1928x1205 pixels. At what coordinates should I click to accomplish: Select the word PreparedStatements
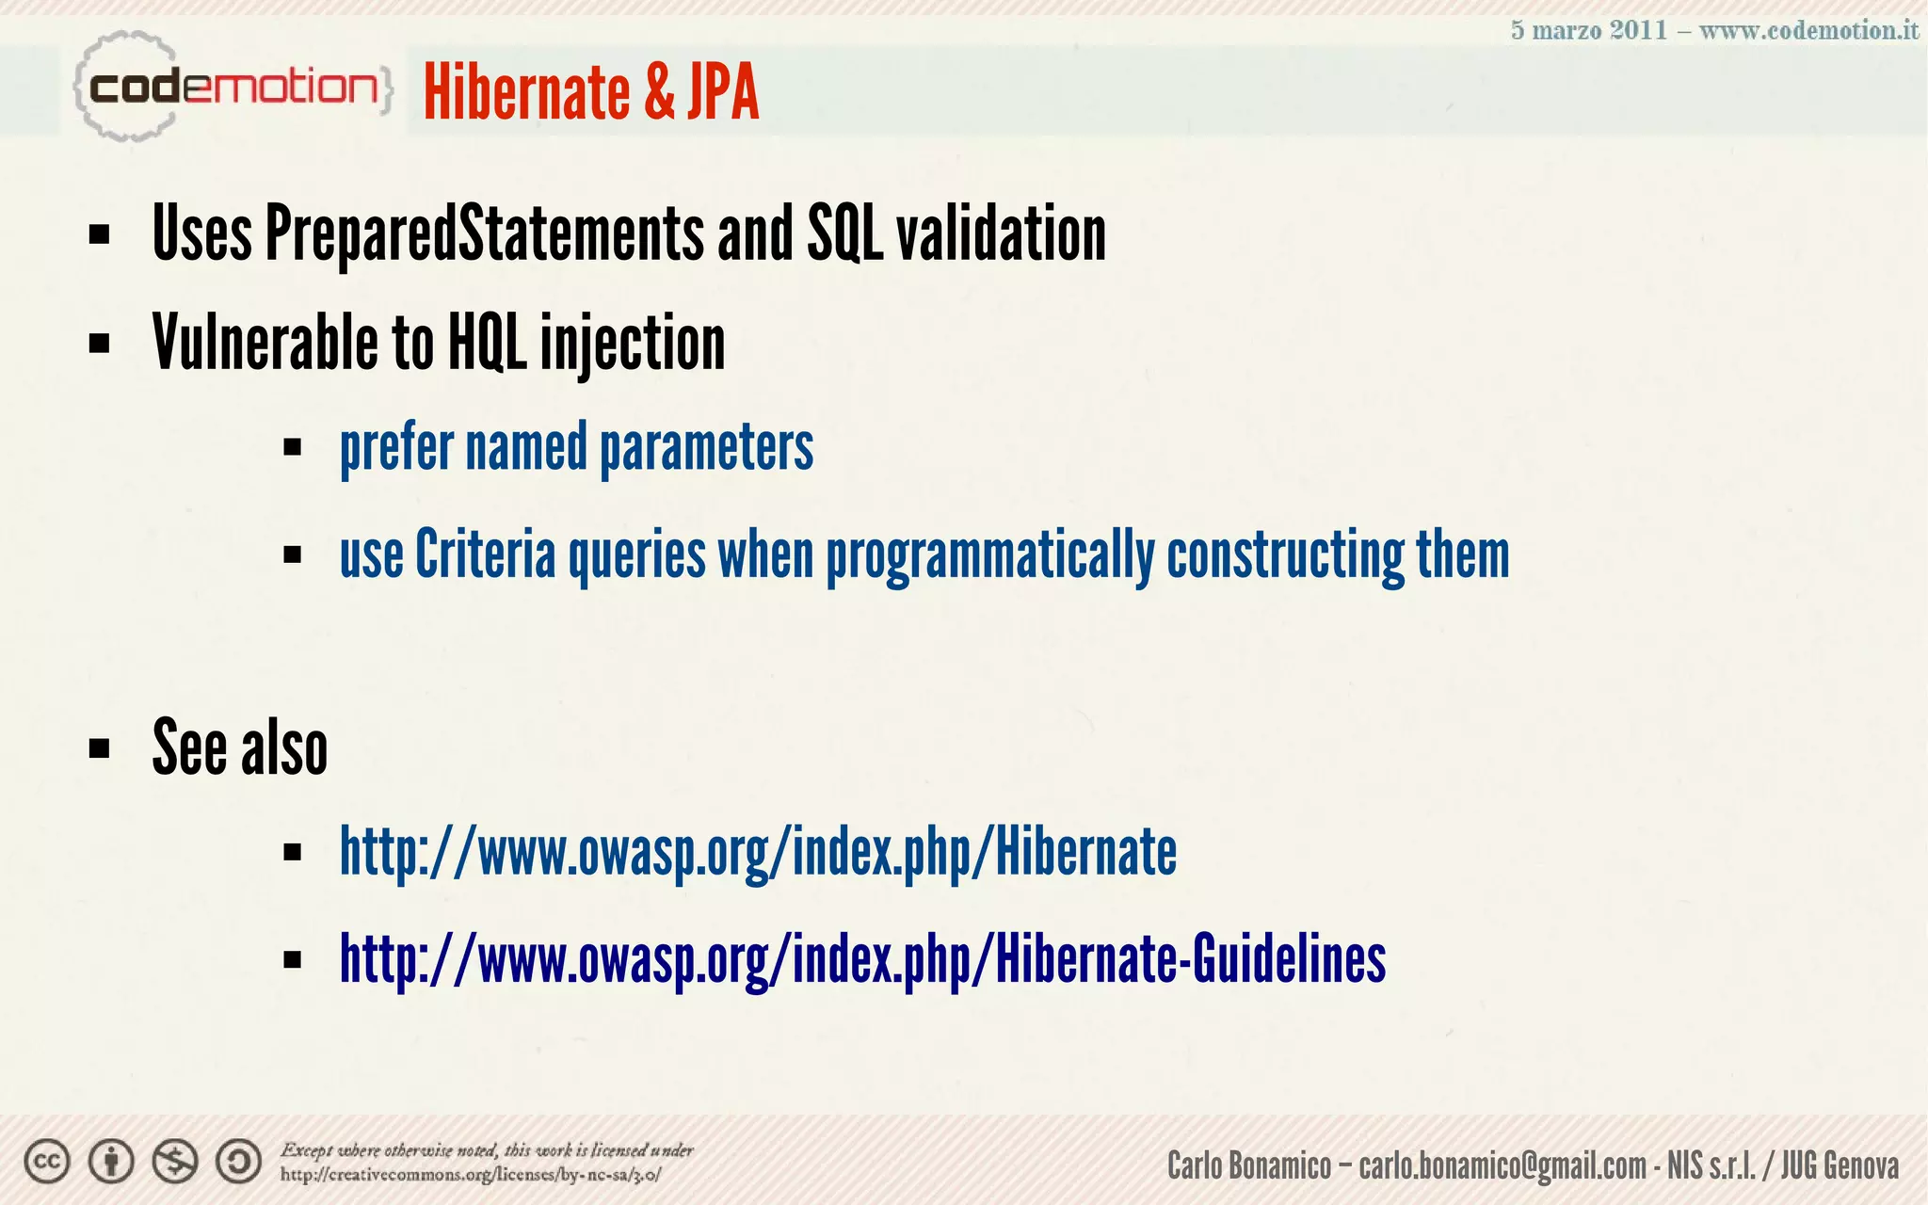pyautogui.click(x=484, y=233)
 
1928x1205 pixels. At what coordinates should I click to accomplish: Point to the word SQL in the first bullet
pyautogui.click(x=844, y=233)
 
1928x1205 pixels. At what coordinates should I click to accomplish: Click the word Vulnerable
pyautogui.click(x=265, y=343)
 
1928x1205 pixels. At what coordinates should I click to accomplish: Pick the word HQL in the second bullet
pyautogui.click(x=487, y=343)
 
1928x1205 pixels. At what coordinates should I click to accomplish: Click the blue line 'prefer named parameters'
pyautogui.click(x=576, y=447)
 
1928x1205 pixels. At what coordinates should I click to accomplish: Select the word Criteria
pyautogui.click(x=485, y=554)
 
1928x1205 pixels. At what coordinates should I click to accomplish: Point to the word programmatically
pyautogui.click(x=989, y=556)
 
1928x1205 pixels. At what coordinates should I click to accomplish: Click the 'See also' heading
pyautogui.click(x=239, y=747)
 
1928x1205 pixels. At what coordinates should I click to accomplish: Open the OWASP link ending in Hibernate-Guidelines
pyautogui.click(x=862, y=959)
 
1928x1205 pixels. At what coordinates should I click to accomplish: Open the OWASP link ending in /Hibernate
pyautogui.click(x=758, y=852)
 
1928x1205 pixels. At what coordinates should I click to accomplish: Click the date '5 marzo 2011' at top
pyautogui.click(x=1588, y=30)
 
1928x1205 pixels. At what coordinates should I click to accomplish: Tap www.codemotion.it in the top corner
pyautogui.click(x=1808, y=30)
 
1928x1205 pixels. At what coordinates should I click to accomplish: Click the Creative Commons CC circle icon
pyautogui.click(x=47, y=1162)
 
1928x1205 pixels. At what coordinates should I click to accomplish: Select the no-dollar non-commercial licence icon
pyautogui.click(x=175, y=1162)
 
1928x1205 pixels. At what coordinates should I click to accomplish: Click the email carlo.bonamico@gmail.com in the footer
pyautogui.click(x=1502, y=1166)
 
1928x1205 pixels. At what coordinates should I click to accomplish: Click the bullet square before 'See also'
pyautogui.click(x=99, y=749)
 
